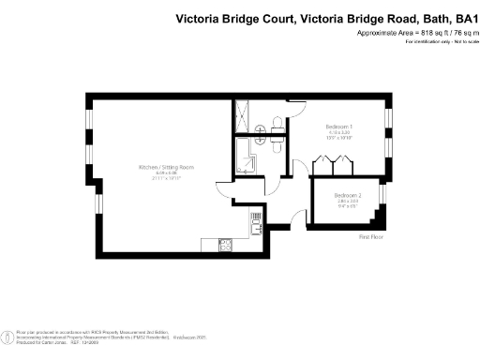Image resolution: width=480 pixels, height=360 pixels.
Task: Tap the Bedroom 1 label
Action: [338, 127]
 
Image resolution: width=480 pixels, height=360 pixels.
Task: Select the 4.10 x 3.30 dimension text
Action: [338, 132]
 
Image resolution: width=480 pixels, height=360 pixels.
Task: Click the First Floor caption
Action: [372, 238]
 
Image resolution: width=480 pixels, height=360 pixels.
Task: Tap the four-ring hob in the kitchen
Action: [225, 245]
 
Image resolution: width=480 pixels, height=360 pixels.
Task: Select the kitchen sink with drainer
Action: [255, 223]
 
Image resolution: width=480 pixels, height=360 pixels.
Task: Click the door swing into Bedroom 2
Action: [303, 218]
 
